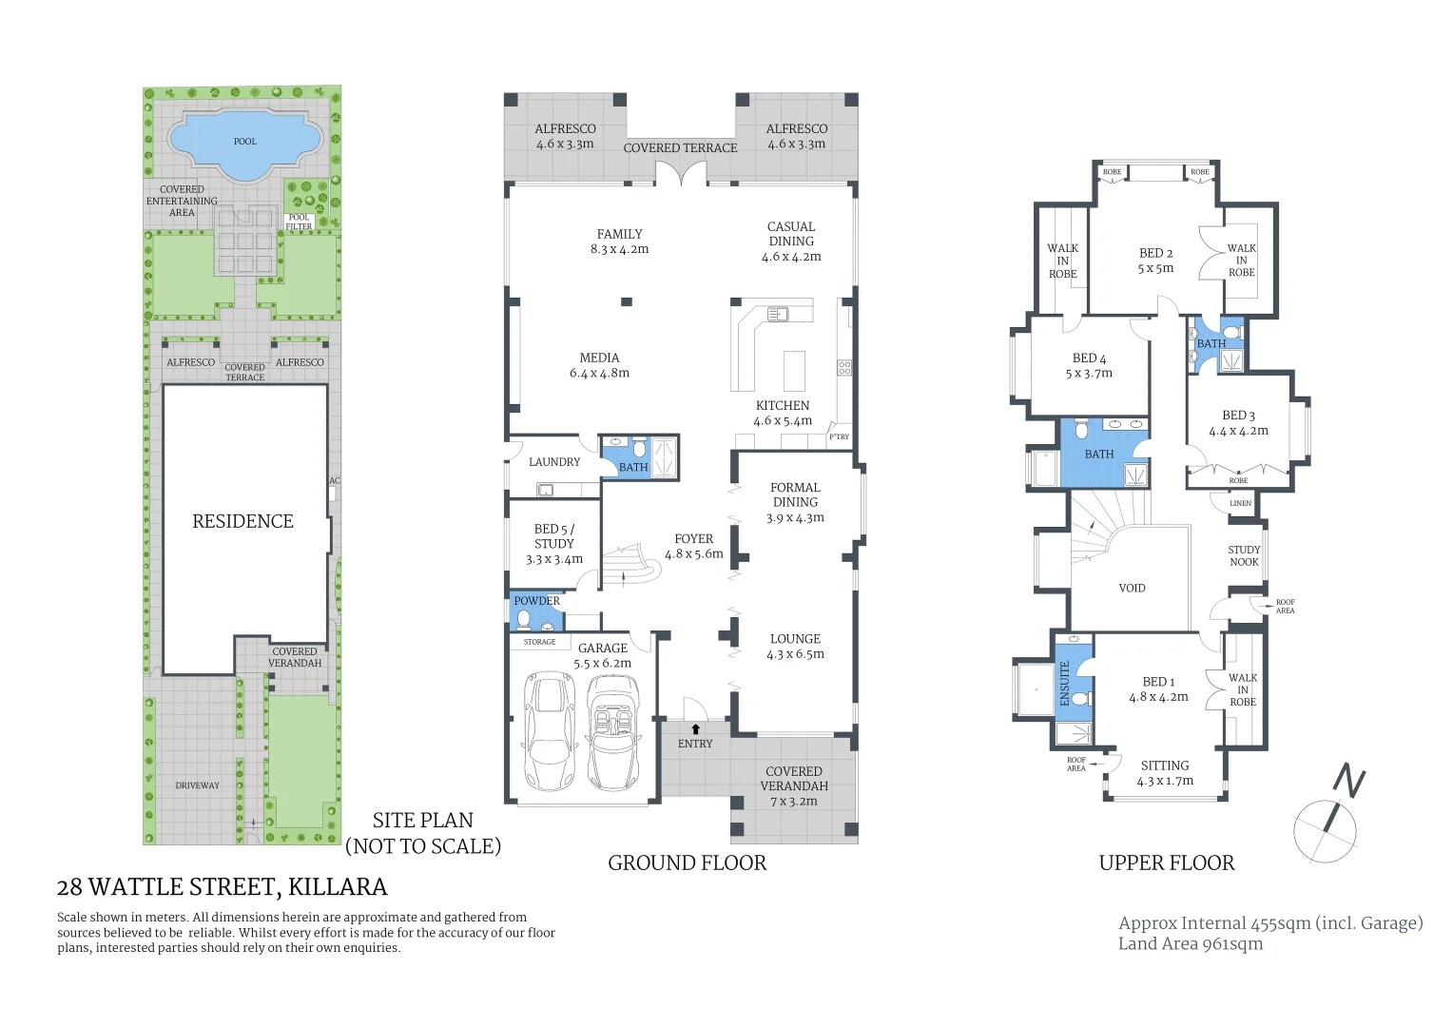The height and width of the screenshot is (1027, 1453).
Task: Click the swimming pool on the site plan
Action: click(243, 143)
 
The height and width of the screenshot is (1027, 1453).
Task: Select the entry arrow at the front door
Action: click(695, 728)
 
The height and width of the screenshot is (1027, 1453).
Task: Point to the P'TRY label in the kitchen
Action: click(839, 436)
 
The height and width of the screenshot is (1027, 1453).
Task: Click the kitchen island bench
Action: click(793, 371)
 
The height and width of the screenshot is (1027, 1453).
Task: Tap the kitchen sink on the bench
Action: click(778, 312)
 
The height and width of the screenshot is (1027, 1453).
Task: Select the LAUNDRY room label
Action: click(553, 462)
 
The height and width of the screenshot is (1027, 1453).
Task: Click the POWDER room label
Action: click(537, 601)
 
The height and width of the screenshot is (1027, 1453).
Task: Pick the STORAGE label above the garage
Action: click(539, 642)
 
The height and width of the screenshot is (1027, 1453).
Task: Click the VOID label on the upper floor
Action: click(1132, 588)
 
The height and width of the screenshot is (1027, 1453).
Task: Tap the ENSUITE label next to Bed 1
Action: click(1065, 683)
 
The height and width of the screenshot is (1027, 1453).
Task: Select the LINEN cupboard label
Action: click(1240, 503)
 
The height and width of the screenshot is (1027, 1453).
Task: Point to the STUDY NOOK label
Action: click(1243, 555)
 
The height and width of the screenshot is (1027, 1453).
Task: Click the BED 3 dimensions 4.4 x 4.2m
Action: click(1238, 431)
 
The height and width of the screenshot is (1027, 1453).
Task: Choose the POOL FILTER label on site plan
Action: click(299, 222)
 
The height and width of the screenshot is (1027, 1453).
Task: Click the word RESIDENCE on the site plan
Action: click(242, 521)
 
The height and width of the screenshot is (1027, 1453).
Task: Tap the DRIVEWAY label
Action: click(197, 785)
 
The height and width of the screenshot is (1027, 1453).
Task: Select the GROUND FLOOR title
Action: click(687, 862)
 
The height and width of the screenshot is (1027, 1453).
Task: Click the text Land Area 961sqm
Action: click(1190, 943)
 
